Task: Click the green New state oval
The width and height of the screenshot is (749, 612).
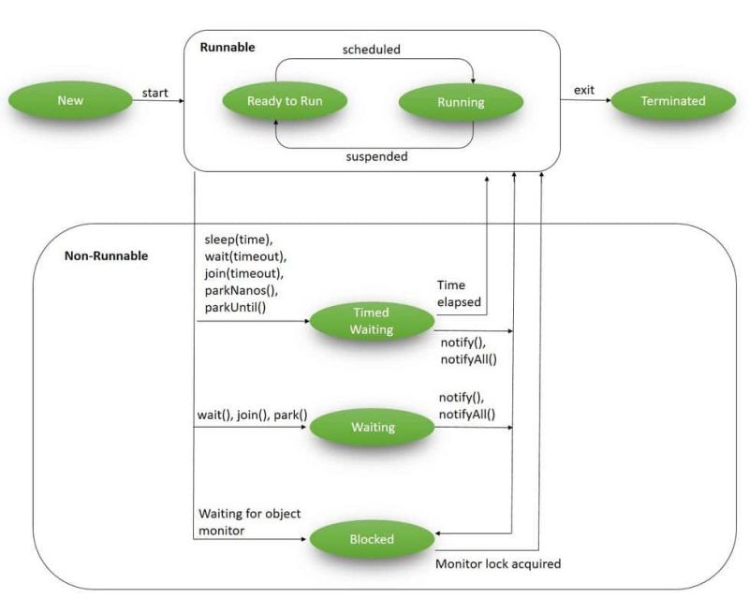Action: [x=70, y=100]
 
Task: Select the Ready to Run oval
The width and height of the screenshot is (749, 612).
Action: [x=284, y=101]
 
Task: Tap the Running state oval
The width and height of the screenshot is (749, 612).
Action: [x=461, y=101]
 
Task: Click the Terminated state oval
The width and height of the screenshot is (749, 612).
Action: [x=672, y=100]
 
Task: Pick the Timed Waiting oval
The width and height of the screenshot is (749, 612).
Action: [x=372, y=321]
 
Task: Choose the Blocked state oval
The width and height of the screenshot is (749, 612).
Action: [x=372, y=539]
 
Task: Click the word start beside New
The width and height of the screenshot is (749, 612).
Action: [x=154, y=92]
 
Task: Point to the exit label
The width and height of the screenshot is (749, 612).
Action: [x=584, y=90]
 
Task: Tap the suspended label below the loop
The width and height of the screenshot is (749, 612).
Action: [x=376, y=156]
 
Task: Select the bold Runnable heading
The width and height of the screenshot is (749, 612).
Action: [x=227, y=47]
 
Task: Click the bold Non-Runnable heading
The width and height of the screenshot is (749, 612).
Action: [x=106, y=255]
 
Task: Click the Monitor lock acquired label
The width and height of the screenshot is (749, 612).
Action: [x=498, y=564]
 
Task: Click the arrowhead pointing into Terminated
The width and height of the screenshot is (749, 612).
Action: [x=606, y=100]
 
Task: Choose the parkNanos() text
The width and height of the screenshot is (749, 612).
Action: [x=239, y=290]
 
